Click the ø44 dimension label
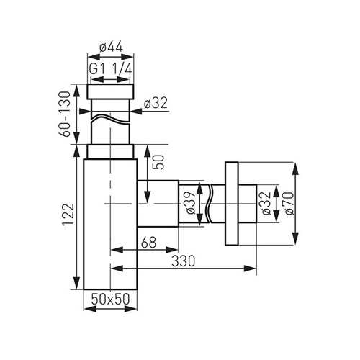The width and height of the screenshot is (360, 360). point(111,48)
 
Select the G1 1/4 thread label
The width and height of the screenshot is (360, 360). point(111,70)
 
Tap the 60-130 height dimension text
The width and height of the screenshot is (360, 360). point(65,114)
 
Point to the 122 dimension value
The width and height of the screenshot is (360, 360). point(68,215)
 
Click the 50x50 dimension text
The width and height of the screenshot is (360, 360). point(110,299)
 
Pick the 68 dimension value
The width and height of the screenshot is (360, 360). point(149,242)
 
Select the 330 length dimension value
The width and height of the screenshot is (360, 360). point(184,261)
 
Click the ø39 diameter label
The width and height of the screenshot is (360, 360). point(191,203)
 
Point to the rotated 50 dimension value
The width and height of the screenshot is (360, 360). point(159,162)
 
